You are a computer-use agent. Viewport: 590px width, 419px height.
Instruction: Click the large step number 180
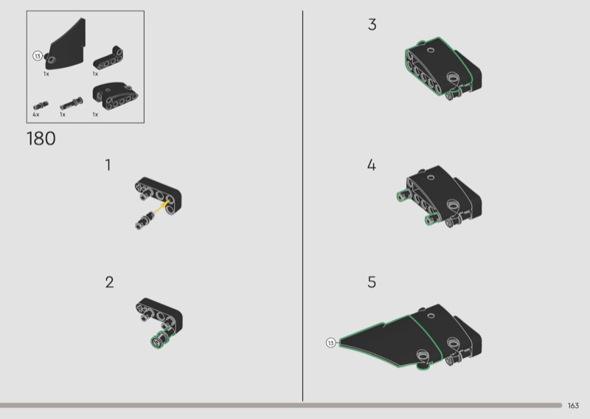pyautogui.click(x=41, y=139)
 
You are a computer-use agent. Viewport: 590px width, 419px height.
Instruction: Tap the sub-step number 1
pyautogui.click(x=108, y=165)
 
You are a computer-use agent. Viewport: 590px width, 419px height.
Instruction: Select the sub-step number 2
pyautogui.click(x=109, y=283)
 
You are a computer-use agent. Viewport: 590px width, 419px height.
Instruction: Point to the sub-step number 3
pyautogui.click(x=372, y=24)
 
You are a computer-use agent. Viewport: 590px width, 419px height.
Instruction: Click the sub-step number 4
pyautogui.click(x=372, y=165)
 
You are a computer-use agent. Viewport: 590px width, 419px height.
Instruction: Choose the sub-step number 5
pyautogui.click(x=372, y=283)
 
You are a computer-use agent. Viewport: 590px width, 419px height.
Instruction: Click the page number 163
pyautogui.click(x=573, y=406)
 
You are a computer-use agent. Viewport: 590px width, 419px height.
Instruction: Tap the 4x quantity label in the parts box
pyautogui.click(x=35, y=114)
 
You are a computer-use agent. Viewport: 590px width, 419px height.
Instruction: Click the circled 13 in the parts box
pyautogui.click(x=38, y=56)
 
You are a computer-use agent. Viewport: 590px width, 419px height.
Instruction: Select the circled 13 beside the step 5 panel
pyautogui.click(x=330, y=342)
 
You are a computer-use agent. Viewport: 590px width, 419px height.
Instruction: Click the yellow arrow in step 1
pyautogui.click(x=160, y=207)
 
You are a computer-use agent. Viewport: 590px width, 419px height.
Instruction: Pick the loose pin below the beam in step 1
pyautogui.click(x=143, y=221)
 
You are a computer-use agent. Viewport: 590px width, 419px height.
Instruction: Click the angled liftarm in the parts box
pyautogui.click(x=108, y=58)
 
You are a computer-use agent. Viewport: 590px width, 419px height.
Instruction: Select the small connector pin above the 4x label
pyautogui.click(x=41, y=105)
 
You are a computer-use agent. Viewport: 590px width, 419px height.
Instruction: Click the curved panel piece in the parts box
pyautogui.click(x=115, y=96)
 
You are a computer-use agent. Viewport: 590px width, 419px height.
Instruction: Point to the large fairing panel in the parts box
pyautogui.click(x=66, y=46)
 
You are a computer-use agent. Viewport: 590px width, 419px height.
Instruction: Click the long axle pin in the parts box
pyautogui.click(x=72, y=103)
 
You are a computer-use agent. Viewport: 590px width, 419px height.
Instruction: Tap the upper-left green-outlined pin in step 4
pyautogui.click(x=403, y=195)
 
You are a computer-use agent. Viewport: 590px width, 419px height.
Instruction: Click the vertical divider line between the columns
pyautogui.click(x=302, y=206)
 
